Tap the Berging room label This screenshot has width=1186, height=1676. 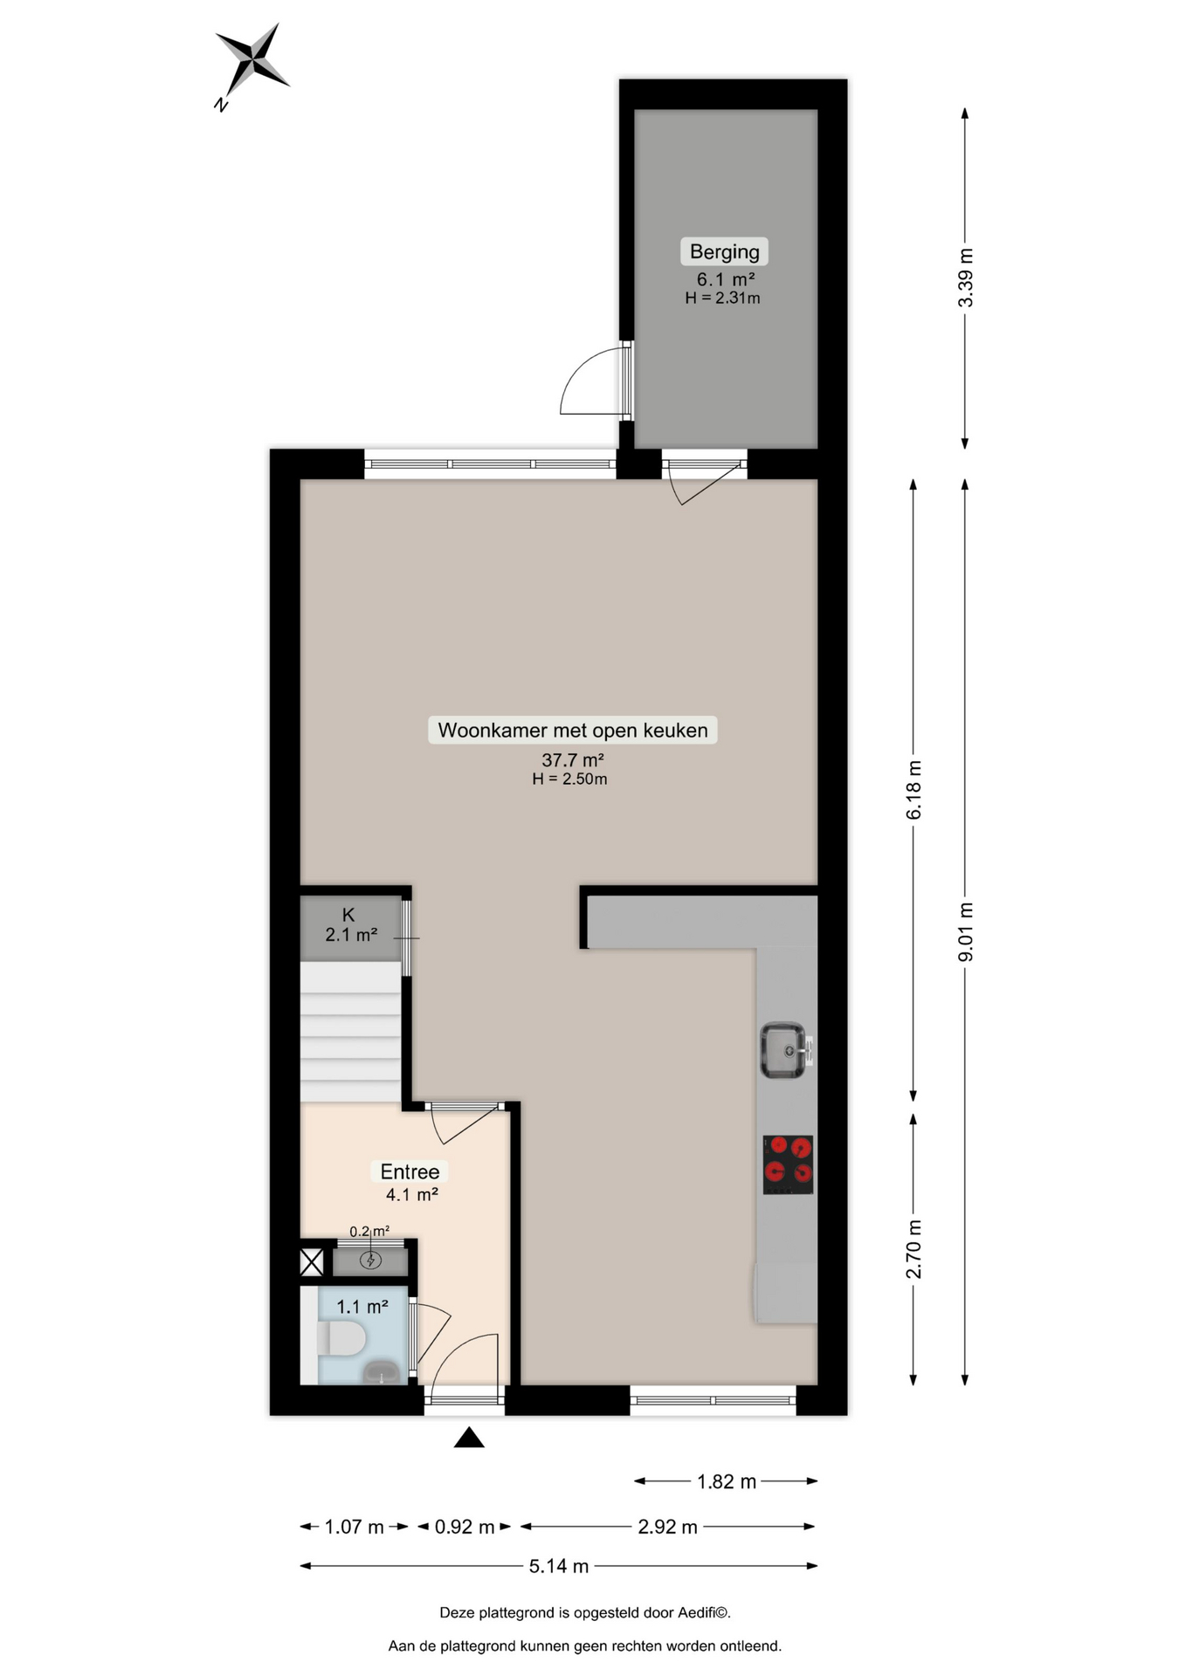(725, 251)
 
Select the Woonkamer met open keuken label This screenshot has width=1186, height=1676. (573, 730)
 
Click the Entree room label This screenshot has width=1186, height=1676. (410, 1171)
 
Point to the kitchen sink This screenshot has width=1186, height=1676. (786, 1050)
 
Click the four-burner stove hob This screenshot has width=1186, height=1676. (788, 1164)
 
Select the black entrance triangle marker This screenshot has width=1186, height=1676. (469, 1438)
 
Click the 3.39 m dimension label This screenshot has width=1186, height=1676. (965, 278)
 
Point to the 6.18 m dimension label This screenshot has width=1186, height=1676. (914, 790)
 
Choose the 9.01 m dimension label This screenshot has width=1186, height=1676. (965, 932)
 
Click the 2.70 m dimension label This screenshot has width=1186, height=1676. (914, 1249)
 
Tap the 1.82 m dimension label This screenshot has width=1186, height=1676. (727, 1481)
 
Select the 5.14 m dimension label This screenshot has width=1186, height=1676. (559, 1566)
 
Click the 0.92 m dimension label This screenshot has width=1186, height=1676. (465, 1527)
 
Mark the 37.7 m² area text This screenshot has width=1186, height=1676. (573, 759)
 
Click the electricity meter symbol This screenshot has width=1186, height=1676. (371, 1260)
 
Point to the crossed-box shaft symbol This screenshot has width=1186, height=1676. (312, 1261)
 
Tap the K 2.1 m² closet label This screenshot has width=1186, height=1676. (351, 925)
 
